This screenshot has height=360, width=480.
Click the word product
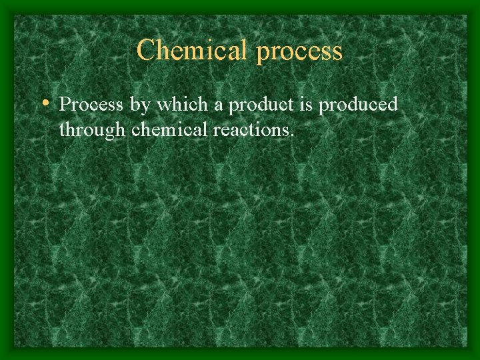coord(255,105)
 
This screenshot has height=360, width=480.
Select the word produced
coord(359,105)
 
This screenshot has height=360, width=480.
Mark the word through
coord(92,130)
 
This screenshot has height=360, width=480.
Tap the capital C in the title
coord(146,51)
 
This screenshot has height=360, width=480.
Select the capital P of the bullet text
coord(65,105)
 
